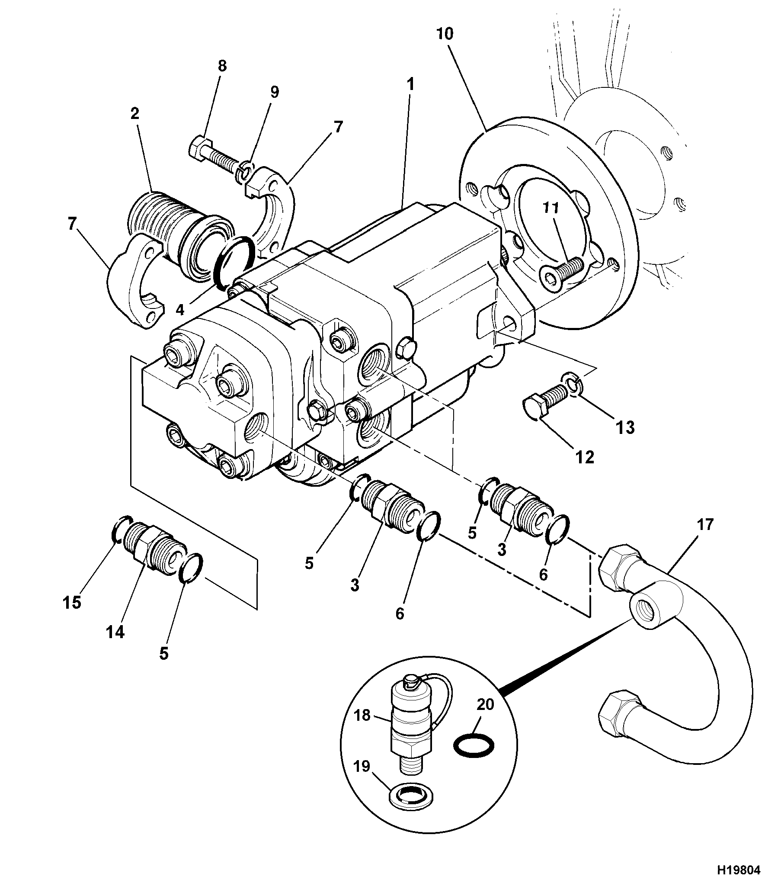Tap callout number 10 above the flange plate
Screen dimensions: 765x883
point(445,34)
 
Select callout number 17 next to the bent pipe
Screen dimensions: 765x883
point(705,525)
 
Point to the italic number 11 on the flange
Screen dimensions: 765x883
point(551,209)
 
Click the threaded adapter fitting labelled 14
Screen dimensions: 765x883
point(154,549)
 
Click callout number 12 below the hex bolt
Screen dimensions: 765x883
point(584,457)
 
